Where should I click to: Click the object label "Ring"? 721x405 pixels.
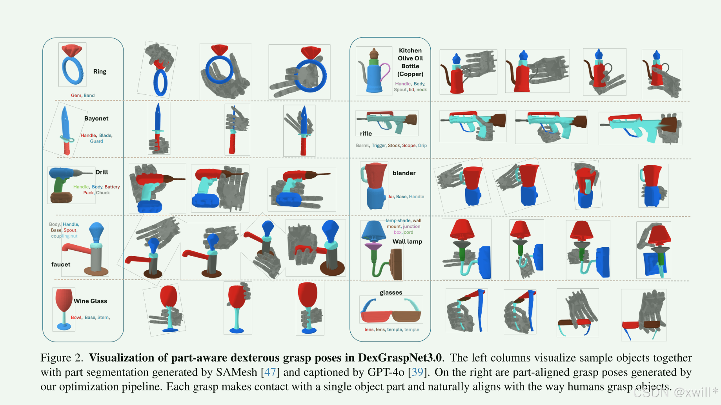(100, 71)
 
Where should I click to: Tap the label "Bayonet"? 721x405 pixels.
(96, 118)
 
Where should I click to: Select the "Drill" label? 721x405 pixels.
(102, 172)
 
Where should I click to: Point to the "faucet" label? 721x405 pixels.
(61, 264)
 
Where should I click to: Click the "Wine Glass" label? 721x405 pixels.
(90, 301)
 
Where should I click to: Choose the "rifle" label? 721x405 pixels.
(366, 134)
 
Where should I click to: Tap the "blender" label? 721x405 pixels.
(404, 173)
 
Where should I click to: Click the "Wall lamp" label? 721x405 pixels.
(407, 242)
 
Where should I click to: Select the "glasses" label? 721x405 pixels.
(391, 293)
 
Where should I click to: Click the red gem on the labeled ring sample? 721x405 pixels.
(72, 51)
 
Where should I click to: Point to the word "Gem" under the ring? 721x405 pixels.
(76, 96)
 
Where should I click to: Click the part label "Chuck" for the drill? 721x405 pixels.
(103, 193)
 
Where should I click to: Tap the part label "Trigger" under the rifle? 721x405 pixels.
(379, 146)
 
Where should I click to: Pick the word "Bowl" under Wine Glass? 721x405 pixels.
(76, 318)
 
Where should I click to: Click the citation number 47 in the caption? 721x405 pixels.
(270, 372)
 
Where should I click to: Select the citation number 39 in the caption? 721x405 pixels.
(417, 372)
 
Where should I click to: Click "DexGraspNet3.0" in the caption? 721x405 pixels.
(400, 358)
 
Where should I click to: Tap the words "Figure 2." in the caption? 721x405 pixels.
(62, 358)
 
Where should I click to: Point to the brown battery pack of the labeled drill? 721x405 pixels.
(61, 197)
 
